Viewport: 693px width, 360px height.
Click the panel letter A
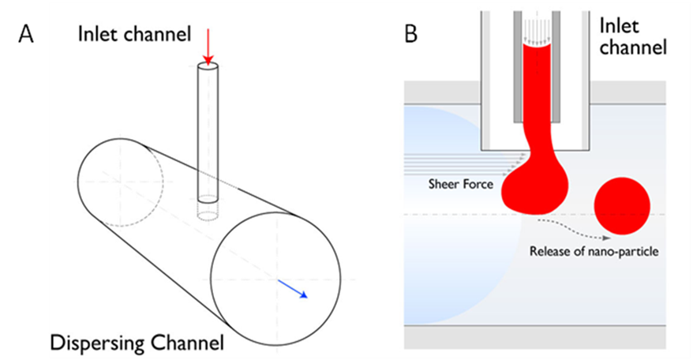point(25,34)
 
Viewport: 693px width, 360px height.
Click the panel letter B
point(411,34)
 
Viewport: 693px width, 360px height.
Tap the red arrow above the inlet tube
point(208,47)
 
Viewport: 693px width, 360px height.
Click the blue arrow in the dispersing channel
point(293,289)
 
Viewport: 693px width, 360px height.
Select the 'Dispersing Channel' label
point(137,343)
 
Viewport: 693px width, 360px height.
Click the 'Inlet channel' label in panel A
point(134,34)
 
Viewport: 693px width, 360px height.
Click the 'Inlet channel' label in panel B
point(632,36)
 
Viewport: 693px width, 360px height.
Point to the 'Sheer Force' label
point(460,183)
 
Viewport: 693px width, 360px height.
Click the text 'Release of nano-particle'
point(594,252)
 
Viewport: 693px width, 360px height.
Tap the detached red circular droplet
point(622,206)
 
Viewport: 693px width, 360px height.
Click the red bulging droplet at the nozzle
point(535,188)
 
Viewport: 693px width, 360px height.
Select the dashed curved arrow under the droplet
point(573,229)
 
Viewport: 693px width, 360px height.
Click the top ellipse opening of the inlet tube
point(208,67)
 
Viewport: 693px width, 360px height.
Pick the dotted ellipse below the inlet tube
point(208,216)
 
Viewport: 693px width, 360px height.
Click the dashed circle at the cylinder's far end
point(120,182)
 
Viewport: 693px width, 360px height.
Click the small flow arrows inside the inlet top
point(537,31)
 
